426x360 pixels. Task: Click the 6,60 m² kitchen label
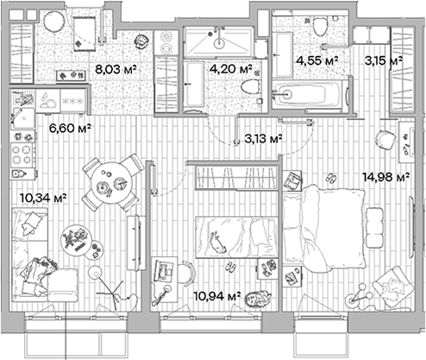[x=70, y=128]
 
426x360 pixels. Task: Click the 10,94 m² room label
[x=218, y=296]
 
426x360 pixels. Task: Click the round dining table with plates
[x=113, y=182]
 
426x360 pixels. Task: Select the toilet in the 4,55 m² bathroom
[x=321, y=27]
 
